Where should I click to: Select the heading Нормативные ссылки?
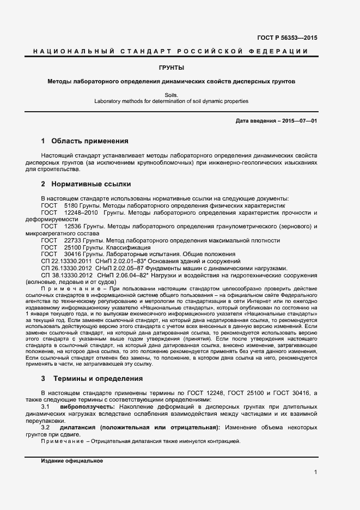point(91,184)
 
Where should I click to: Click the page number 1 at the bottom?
point(315,472)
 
